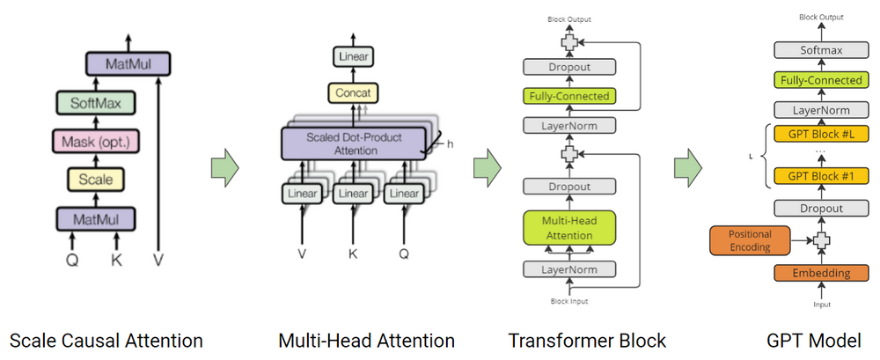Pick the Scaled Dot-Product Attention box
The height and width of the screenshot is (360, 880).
(x=354, y=143)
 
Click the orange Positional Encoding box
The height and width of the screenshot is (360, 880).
(x=750, y=240)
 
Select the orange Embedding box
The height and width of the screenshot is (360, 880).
(x=819, y=273)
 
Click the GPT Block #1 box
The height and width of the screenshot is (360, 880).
(x=819, y=175)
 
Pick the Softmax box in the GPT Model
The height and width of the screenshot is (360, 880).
(x=819, y=50)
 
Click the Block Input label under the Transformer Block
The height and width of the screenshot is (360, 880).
(x=569, y=301)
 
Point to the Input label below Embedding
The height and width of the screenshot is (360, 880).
(x=819, y=305)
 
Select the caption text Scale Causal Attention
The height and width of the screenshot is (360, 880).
(x=105, y=341)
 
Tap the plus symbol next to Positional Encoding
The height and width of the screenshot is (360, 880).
(x=820, y=240)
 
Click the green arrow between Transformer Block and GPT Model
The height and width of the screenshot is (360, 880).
(x=689, y=166)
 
